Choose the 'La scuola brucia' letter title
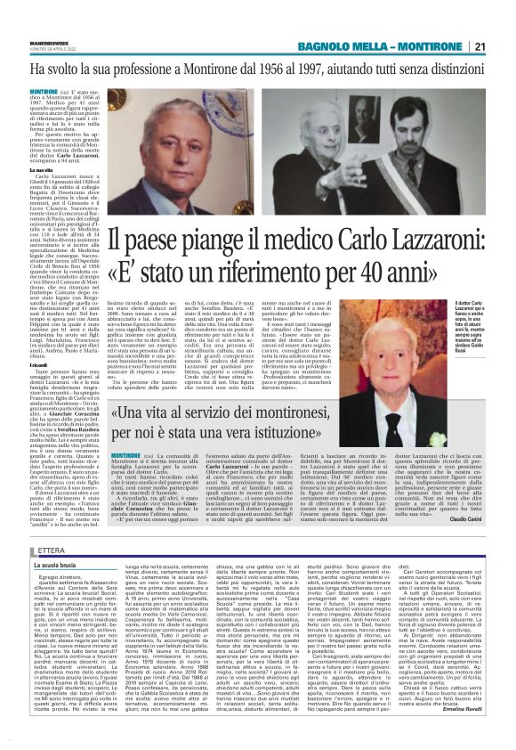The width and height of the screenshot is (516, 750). [52, 540]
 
